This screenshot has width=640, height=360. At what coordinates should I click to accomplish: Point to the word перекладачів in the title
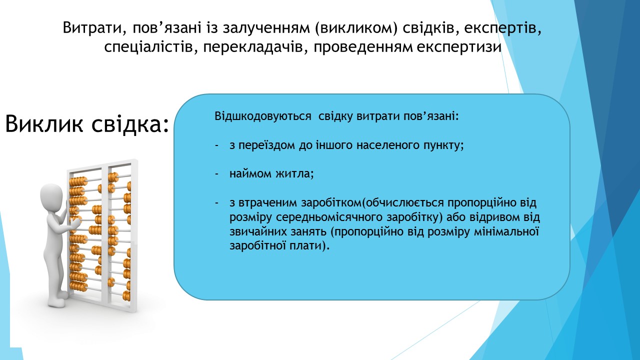tap(253, 47)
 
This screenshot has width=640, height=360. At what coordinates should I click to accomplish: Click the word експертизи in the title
tap(459, 47)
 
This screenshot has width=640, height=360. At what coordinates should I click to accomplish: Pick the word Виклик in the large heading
tap(44, 123)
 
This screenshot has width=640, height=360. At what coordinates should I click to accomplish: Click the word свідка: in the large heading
tap(130, 123)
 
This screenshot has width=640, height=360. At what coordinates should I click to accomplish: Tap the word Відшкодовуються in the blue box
tap(263, 116)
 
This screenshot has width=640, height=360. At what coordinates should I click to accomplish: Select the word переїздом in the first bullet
tap(267, 145)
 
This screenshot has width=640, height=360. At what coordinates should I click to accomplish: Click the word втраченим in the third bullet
tap(268, 203)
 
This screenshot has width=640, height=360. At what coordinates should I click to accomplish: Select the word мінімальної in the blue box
tap(506, 231)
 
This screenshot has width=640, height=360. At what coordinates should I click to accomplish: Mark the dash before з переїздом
tap(216, 145)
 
